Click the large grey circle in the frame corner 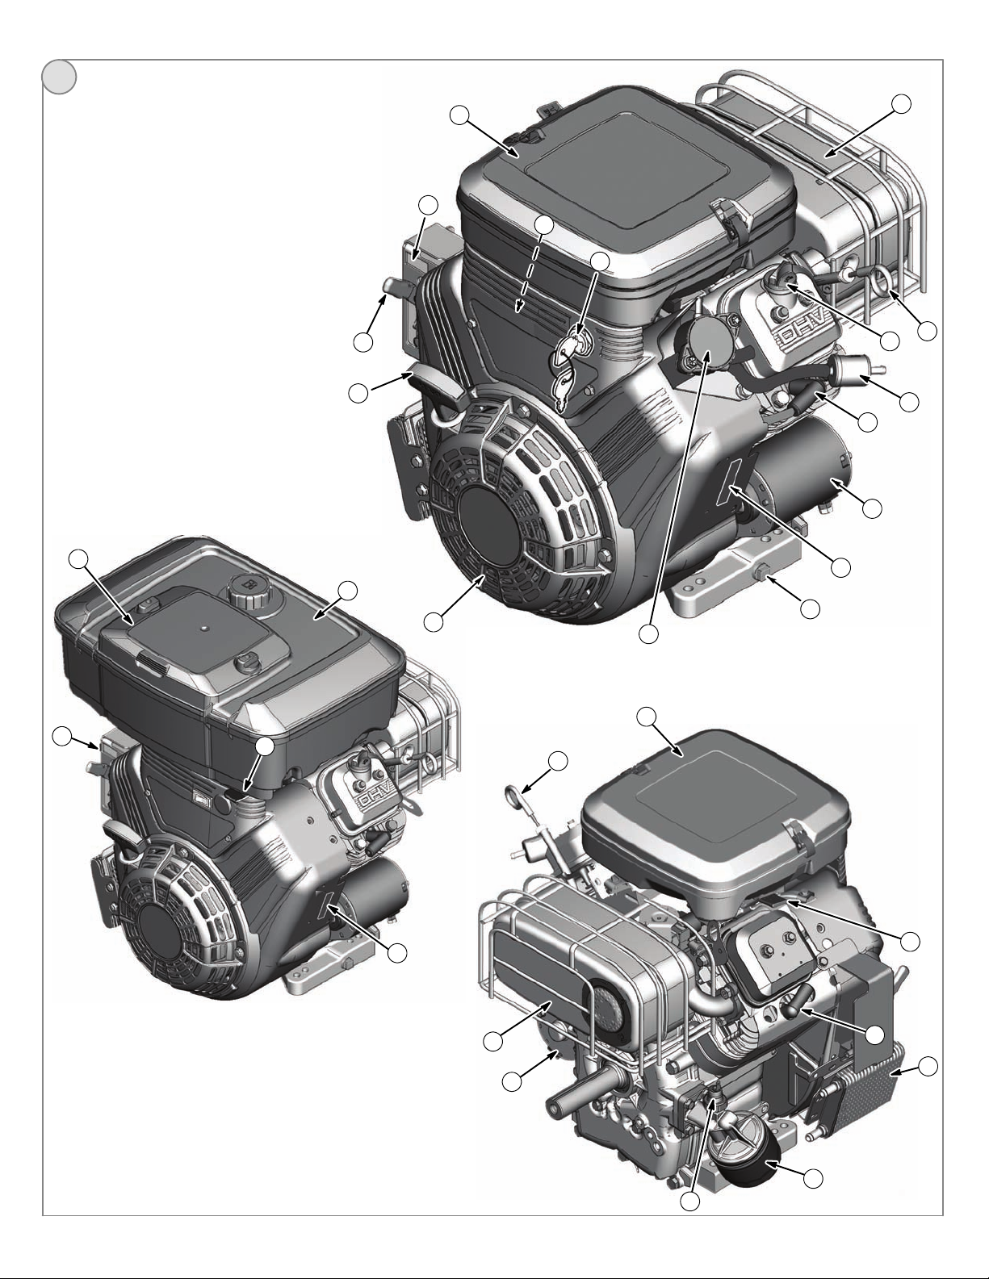point(60,77)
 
